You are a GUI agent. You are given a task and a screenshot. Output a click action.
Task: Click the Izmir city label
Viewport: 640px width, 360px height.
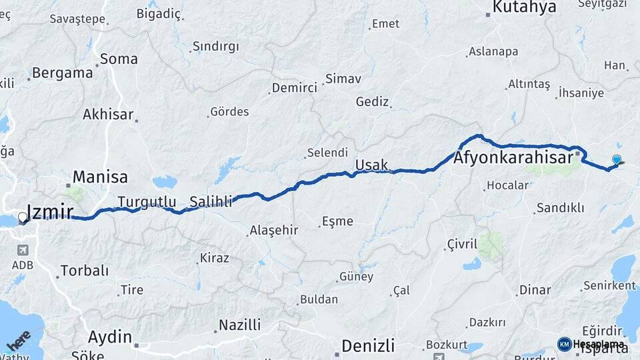pos(51,212)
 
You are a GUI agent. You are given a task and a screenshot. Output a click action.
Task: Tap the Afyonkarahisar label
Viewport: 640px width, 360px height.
pos(513,159)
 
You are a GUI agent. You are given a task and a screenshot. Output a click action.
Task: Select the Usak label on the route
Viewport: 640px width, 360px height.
pos(371,164)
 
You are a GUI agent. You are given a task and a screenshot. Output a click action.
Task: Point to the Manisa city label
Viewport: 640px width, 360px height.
pos(100,177)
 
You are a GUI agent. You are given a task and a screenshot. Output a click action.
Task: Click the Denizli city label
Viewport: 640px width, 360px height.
pos(368,345)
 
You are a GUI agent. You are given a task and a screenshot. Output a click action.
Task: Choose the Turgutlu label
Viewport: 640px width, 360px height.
pos(147,201)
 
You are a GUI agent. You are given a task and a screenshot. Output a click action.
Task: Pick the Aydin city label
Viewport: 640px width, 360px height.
pos(110,337)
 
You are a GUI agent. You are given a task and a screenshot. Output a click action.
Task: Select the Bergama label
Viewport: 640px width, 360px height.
pos(62,73)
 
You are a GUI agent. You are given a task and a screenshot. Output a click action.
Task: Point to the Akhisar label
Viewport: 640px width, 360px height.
pos(108,114)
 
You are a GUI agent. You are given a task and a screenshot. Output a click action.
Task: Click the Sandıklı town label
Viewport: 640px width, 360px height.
pos(560,208)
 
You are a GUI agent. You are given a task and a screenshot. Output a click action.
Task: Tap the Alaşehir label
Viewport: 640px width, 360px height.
pos(273,231)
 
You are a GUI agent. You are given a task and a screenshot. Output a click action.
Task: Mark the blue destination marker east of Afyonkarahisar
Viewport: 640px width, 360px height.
pos(617,159)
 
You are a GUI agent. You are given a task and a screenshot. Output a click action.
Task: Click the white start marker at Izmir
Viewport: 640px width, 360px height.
pos(23,217)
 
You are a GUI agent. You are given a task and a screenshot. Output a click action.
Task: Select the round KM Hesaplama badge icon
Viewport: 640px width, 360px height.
pos(564,344)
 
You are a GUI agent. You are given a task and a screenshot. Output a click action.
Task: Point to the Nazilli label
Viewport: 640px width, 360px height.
pos(240,325)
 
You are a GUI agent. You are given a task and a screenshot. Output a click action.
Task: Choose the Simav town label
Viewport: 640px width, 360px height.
pos(344,79)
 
